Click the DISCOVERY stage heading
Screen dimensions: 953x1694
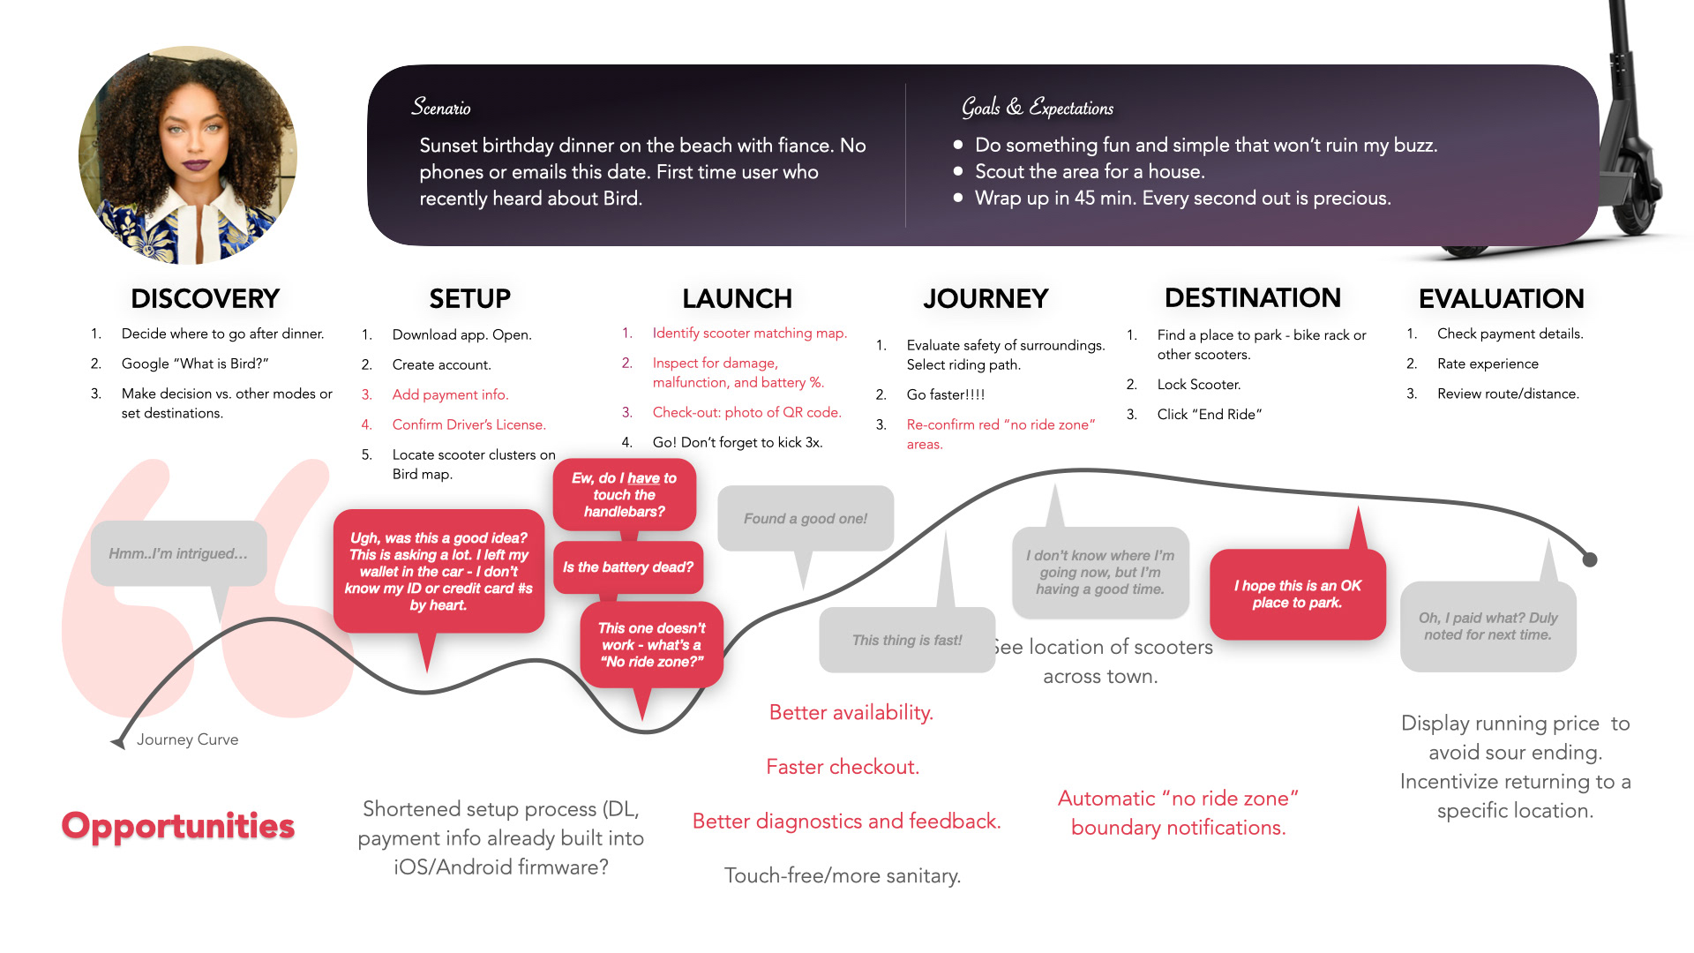point(205,298)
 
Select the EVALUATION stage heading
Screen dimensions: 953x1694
point(1501,298)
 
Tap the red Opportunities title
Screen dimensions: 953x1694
point(177,826)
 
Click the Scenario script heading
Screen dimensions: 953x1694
point(441,108)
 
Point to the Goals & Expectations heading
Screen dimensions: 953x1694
point(1038,108)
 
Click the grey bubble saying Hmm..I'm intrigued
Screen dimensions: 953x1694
point(178,553)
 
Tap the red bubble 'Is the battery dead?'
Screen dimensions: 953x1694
point(628,567)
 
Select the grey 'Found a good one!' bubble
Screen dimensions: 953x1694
point(805,519)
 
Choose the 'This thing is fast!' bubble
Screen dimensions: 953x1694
point(907,640)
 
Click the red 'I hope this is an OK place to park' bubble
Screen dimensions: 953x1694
point(1297,594)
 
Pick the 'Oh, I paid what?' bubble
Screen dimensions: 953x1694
point(1488,626)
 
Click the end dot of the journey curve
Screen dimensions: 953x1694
point(1590,559)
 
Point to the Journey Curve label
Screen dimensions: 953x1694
point(187,739)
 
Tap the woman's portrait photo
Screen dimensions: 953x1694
point(188,155)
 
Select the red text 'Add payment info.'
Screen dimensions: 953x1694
point(450,394)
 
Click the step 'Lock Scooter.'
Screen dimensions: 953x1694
point(1198,385)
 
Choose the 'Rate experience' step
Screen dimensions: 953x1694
point(1488,364)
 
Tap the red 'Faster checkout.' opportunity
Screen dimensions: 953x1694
point(843,767)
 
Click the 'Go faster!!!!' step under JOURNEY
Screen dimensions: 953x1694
point(945,394)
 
